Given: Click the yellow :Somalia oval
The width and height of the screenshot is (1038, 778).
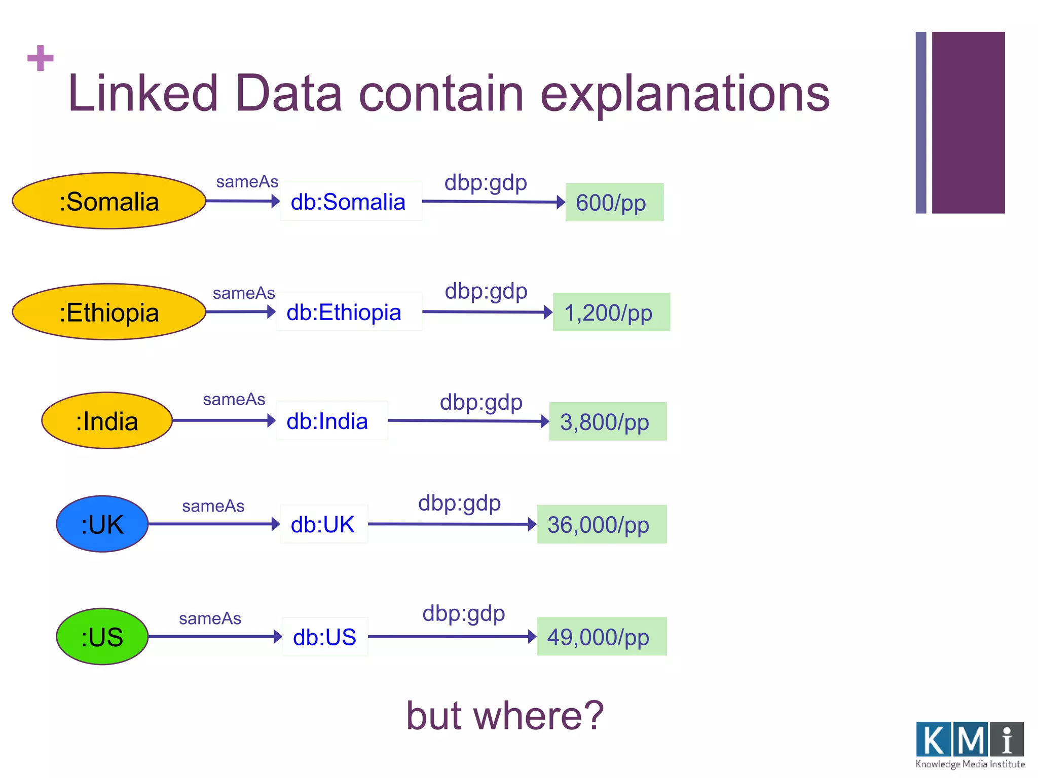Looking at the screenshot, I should click(108, 201).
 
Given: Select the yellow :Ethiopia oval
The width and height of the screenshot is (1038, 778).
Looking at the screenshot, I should click(108, 312).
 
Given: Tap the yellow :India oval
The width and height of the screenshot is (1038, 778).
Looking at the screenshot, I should click(107, 420).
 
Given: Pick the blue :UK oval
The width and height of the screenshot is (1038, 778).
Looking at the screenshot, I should click(102, 524).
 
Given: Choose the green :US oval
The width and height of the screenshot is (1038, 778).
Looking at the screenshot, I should click(102, 636).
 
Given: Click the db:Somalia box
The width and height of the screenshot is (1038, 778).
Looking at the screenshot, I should click(351, 202).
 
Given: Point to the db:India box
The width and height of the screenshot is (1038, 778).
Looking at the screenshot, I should click(331, 421).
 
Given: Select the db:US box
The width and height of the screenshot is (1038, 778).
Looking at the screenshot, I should click(325, 637).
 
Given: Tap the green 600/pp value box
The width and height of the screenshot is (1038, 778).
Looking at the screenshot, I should click(614, 203).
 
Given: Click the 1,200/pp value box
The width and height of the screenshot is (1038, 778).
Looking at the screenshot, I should click(611, 313).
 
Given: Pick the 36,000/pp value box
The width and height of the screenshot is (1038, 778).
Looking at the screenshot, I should click(601, 524).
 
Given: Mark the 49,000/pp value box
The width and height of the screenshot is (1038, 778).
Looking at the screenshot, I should click(601, 637).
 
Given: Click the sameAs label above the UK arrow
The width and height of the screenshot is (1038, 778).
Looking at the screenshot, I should click(213, 506).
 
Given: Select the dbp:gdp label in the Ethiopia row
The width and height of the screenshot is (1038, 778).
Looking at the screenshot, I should click(486, 291).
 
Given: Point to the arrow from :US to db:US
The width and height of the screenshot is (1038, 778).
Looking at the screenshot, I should click(214, 636).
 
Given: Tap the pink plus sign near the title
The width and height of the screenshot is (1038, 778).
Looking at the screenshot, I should click(41, 58).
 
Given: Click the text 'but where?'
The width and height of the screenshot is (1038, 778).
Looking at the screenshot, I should click(505, 715).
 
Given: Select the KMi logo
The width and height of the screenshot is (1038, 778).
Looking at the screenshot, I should click(970, 744).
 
